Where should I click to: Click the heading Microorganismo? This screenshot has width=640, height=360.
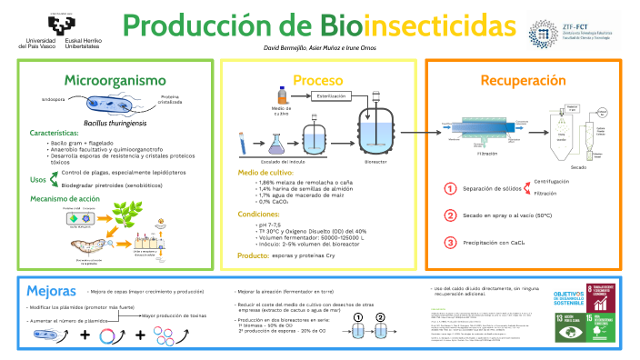point(116,79)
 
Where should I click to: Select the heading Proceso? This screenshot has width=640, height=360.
point(317,79)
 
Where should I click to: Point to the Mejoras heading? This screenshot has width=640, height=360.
point(45,292)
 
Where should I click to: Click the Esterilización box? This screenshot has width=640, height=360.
point(333,95)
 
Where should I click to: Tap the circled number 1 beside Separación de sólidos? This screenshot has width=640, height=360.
point(449,188)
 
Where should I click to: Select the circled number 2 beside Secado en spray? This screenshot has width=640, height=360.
point(449,215)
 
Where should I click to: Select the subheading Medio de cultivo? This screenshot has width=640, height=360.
point(265,172)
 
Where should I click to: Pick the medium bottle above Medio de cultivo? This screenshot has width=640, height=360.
point(283,93)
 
